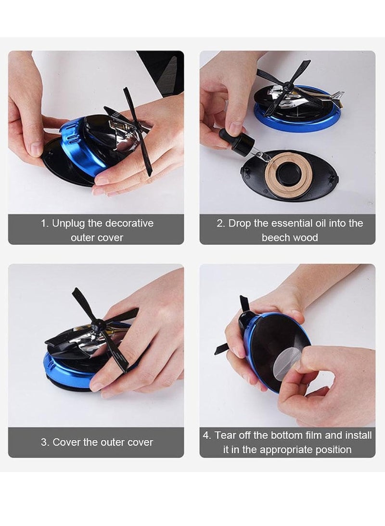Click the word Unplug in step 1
click(68, 224)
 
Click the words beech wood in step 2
click(290, 237)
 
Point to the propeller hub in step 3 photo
click(99, 326)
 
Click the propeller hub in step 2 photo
click(288, 86)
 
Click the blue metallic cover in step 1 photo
click(77, 145)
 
